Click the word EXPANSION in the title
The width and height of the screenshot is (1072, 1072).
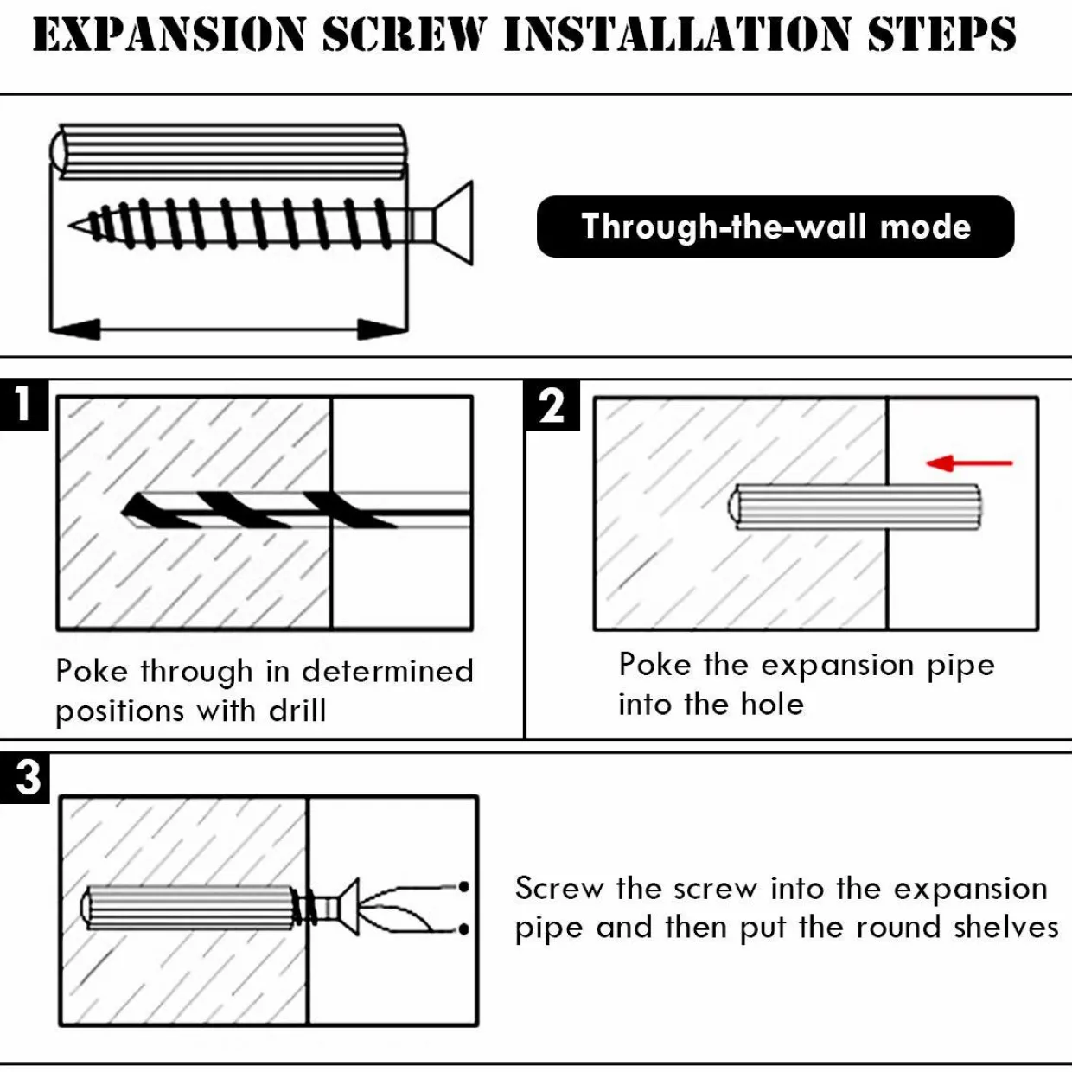tap(169, 35)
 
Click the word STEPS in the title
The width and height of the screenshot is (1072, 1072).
tap(942, 35)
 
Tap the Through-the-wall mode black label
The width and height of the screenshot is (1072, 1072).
tap(775, 227)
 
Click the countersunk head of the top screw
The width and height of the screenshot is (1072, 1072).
tap(453, 223)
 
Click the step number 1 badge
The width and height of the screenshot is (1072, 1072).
tap(24, 405)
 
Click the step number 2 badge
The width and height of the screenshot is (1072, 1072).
tap(552, 405)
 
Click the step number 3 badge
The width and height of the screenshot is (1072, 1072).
tap(24, 778)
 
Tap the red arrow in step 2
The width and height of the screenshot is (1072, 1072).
tap(969, 463)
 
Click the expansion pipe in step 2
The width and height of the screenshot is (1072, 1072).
tap(854, 507)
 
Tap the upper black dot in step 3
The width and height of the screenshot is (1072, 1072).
tap(463, 887)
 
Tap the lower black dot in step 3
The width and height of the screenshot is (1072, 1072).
tap(463, 929)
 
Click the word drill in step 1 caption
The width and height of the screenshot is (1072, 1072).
tap(297, 710)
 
